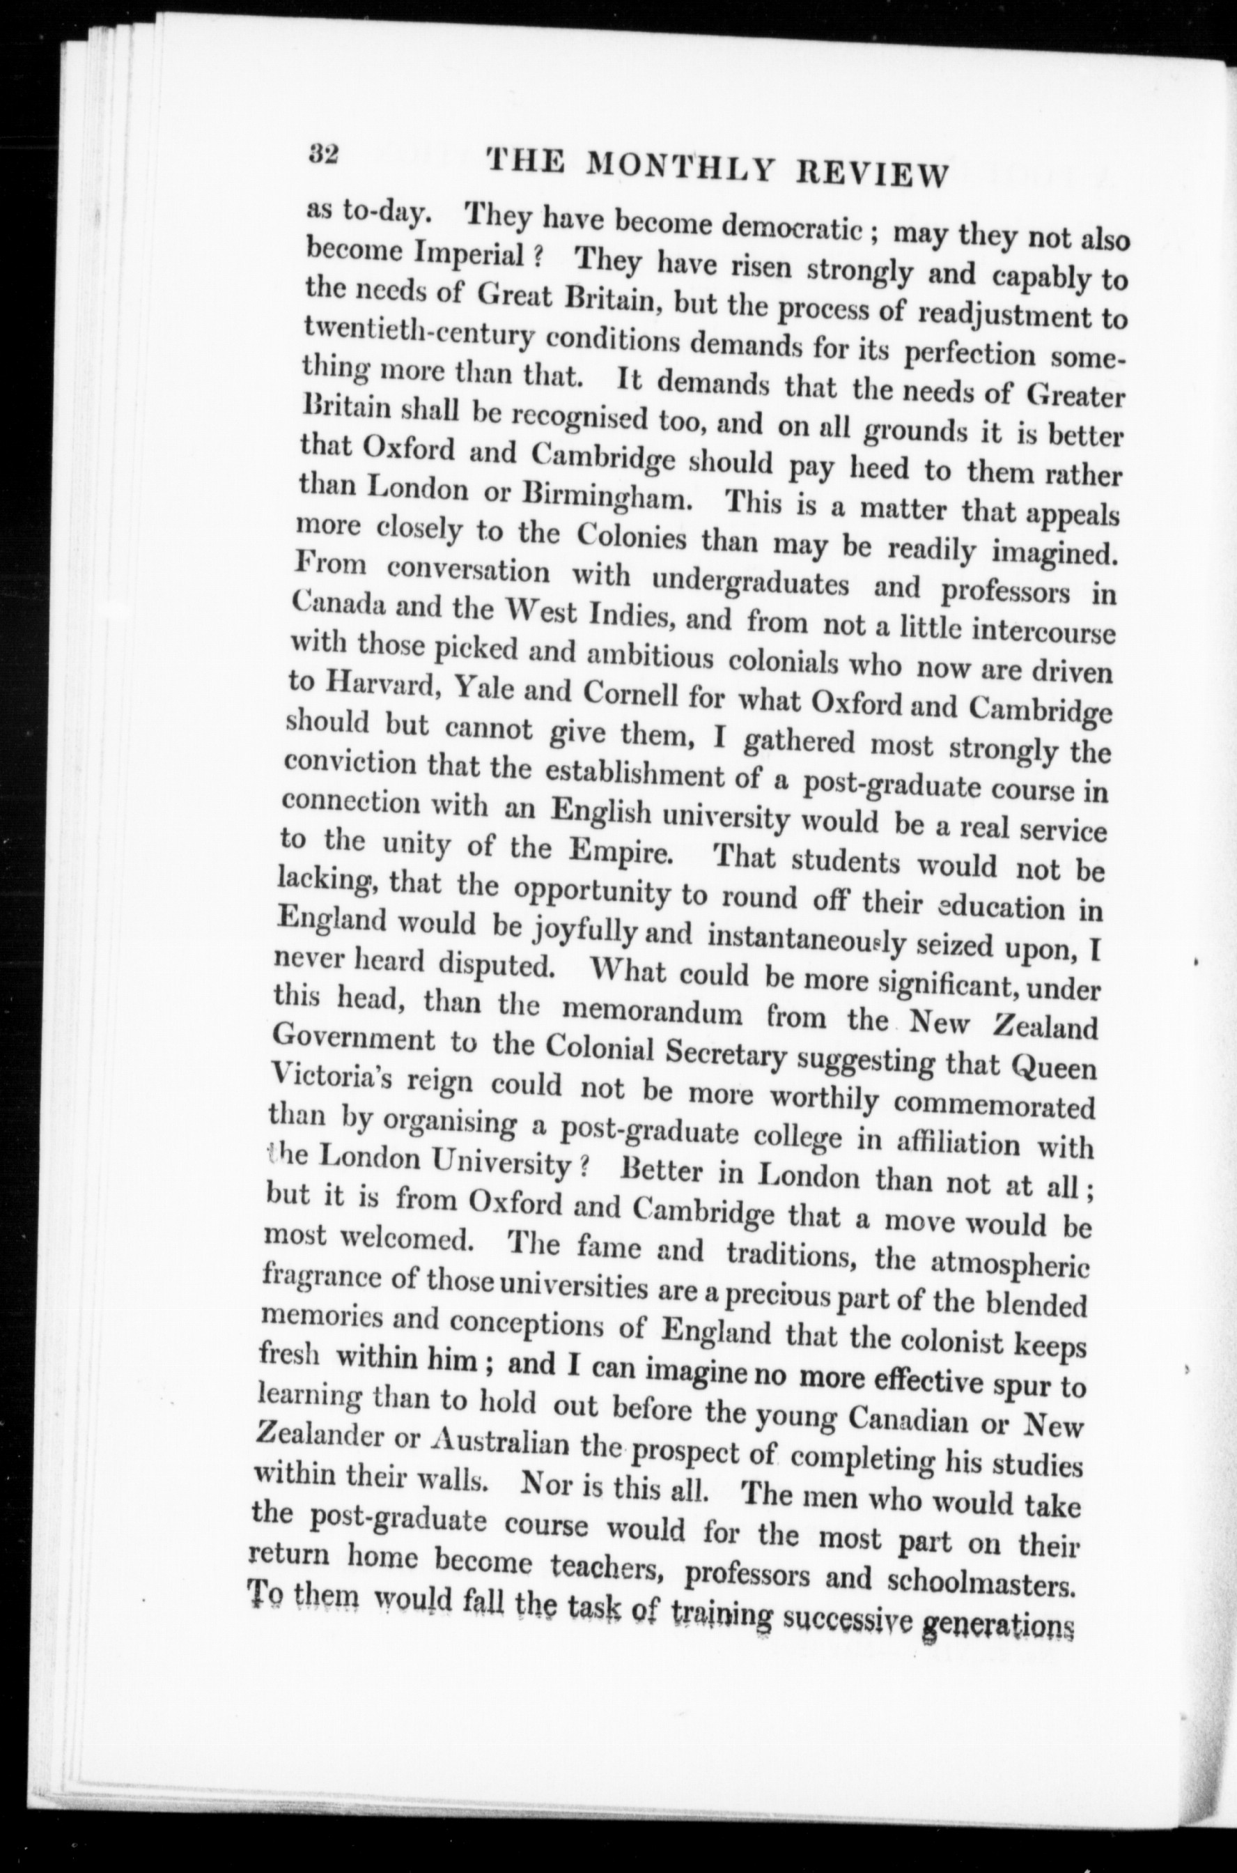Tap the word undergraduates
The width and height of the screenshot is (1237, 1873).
click(x=751, y=583)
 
